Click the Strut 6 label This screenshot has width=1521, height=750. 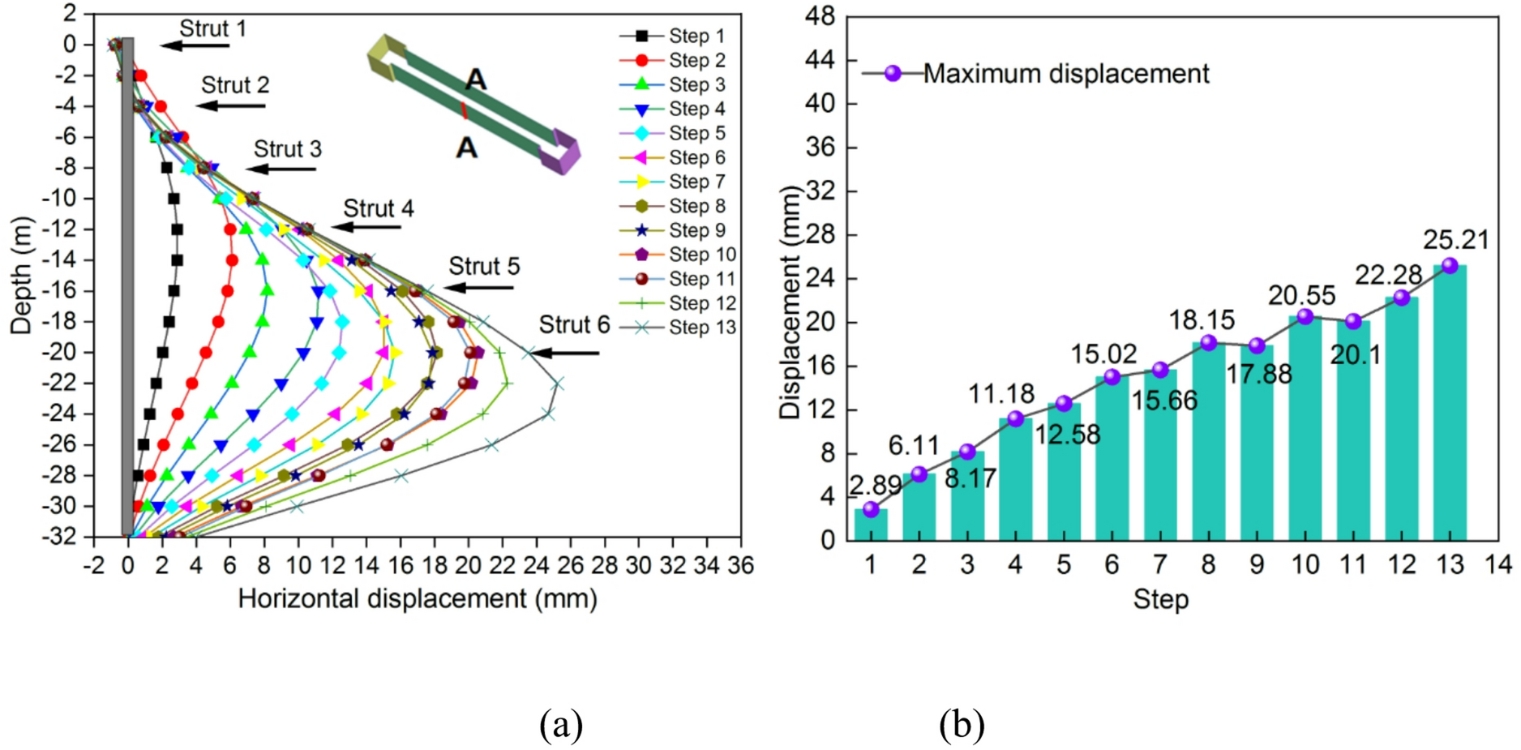pyautogui.click(x=574, y=325)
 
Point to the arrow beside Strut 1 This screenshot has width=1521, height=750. pyautogui.click(x=195, y=45)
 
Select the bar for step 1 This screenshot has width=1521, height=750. pyautogui.click(x=871, y=525)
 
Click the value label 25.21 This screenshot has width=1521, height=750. pyautogui.click(x=1456, y=240)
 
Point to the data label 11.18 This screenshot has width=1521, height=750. pyautogui.click(x=1001, y=394)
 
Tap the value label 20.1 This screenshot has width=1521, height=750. pyautogui.click(x=1355, y=354)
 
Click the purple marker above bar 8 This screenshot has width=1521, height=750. pyautogui.click(x=1209, y=343)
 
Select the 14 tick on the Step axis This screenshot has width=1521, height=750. pyautogui.click(x=1498, y=564)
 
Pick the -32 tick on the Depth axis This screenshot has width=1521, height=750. pyautogui.click(x=62, y=537)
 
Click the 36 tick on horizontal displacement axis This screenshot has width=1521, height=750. pyautogui.click(x=740, y=565)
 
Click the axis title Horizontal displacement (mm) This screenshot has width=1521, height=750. pyautogui.click(x=418, y=599)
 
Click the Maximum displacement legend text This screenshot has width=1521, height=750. pyautogui.click(x=1066, y=74)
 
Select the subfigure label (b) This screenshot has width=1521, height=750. pyautogui.click(x=962, y=724)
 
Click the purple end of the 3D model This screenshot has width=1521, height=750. pyautogui.click(x=560, y=150)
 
